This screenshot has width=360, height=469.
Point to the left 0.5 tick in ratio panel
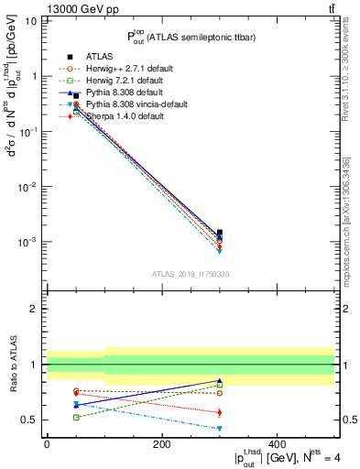[30, 420]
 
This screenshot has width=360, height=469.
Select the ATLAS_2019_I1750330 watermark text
[190, 274]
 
